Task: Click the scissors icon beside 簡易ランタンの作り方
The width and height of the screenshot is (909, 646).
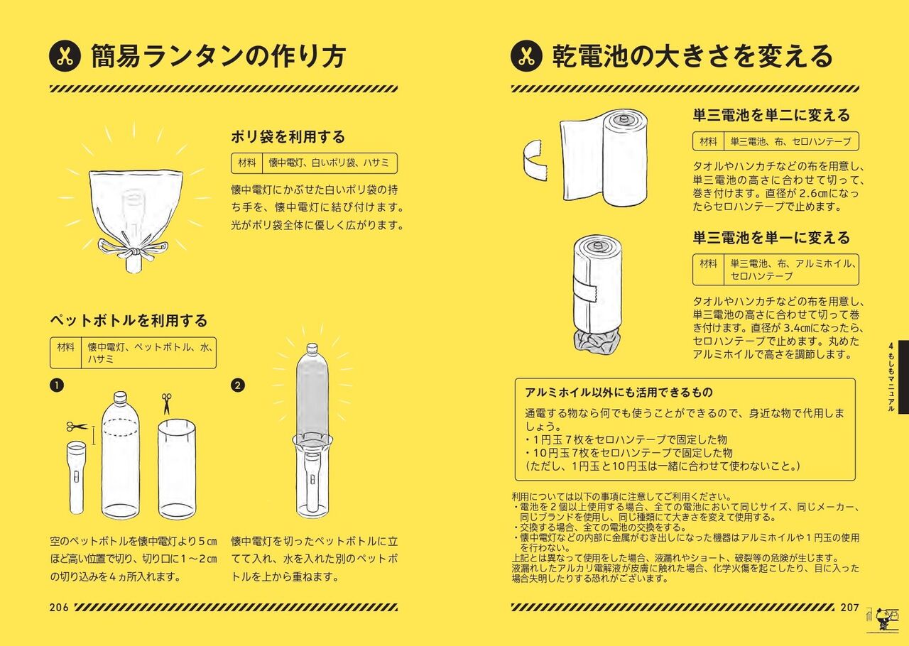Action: pyautogui.click(x=65, y=56)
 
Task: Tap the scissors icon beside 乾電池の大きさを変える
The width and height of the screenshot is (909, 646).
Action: pyautogui.click(x=526, y=56)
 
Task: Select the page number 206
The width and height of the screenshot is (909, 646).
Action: pyautogui.click(x=59, y=608)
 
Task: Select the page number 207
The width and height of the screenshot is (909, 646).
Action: pyautogui.click(x=849, y=608)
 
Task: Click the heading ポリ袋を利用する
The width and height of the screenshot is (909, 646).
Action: pyautogui.click(x=288, y=137)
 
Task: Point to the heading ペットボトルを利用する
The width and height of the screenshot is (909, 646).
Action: pyautogui.click(x=129, y=321)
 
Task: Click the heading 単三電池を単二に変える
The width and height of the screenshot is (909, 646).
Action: pyautogui.click(x=771, y=115)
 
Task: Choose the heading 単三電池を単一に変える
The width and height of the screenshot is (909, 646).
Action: pyautogui.click(x=771, y=238)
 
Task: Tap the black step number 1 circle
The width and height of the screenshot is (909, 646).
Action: pyautogui.click(x=57, y=385)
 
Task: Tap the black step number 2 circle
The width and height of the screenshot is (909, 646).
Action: pyautogui.click(x=238, y=385)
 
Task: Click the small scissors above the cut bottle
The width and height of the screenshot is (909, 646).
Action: pyautogui.click(x=166, y=403)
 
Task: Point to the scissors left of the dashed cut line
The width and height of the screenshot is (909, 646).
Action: pyautogui.click(x=77, y=427)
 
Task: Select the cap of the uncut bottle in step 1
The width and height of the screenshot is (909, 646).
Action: pyautogui.click(x=120, y=396)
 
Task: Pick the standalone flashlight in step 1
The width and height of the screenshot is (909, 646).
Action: pyautogui.click(x=77, y=478)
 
